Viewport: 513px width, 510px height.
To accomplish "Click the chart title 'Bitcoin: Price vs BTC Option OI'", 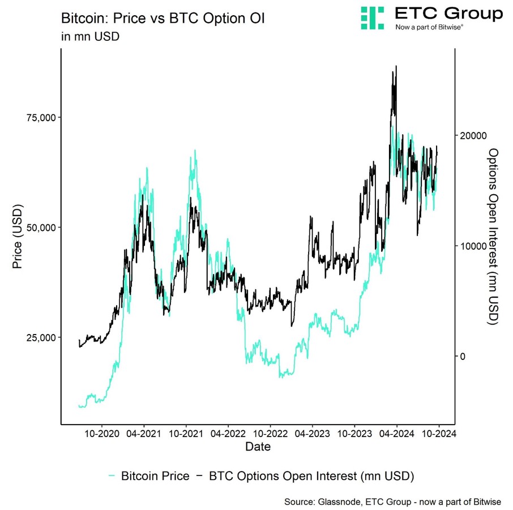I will pos(163,19).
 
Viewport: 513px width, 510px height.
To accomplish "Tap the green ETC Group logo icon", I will pos(373,18).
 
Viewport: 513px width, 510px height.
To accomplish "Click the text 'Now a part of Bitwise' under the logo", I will pos(429,27).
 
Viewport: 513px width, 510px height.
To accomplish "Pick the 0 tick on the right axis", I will pos(462,356).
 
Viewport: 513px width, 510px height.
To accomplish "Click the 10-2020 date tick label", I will pos(102,434).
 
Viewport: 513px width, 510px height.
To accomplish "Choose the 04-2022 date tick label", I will pos(228,434).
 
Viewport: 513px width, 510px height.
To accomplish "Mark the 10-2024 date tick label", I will pos(438,434).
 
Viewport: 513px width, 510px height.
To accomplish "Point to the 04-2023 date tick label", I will pos(312,434).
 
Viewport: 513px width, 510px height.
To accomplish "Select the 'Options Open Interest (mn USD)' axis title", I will pos(493,236).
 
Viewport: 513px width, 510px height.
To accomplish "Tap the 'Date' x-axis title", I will pos(258,447).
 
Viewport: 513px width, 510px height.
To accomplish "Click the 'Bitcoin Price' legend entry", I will pos(155,476).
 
